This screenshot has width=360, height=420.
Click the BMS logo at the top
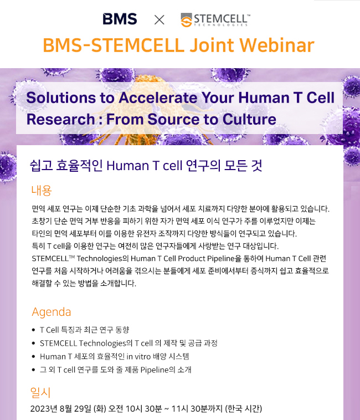[x=120, y=19]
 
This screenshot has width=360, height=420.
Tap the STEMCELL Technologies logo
[x=215, y=20]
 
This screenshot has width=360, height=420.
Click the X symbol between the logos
[x=160, y=20]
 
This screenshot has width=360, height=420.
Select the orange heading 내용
[x=41, y=191]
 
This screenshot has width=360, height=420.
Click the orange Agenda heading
[x=52, y=313]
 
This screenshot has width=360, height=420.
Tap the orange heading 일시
[x=40, y=392]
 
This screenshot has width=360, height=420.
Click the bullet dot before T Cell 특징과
[x=33, y=330]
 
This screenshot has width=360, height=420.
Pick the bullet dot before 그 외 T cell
[x=33, y=370]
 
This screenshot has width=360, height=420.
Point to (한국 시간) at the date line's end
[x=243, y=409]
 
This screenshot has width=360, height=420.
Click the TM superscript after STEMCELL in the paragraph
[x=71, y=257]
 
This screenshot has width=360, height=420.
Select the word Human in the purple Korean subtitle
[x=128, y=166]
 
